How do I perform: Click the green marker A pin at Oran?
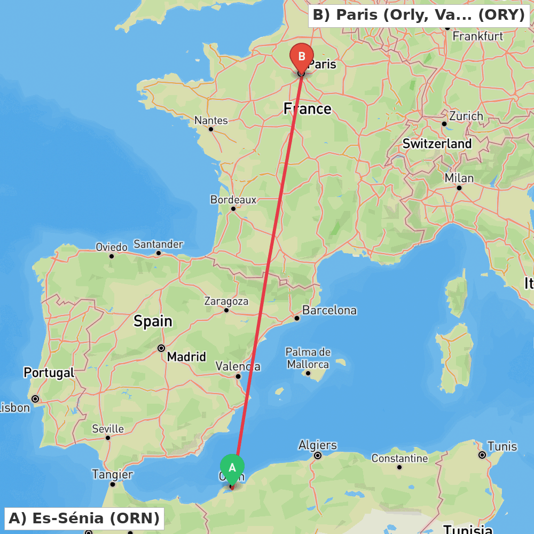point(232,468)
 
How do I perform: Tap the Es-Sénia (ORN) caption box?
point(84,518)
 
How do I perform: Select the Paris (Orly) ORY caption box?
point(419,15)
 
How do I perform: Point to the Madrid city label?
point(186,357)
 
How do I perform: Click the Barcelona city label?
point(329,310)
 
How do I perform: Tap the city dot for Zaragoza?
point(226,310)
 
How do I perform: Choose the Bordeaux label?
point(233,200)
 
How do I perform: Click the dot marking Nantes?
point(211,129)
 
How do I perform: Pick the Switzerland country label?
point(437,144)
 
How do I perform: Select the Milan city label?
point(459,178)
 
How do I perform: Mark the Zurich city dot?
point(444,123)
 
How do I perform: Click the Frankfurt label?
point(477,36)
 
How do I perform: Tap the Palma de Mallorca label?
point(308,358)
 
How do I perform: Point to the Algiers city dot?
point(318,456)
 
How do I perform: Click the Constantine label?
point(399,458)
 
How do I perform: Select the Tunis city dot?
point(482,455)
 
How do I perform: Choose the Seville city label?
point(108,429)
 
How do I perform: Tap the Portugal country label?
point(49,373)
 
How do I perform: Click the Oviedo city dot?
point(112,256)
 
